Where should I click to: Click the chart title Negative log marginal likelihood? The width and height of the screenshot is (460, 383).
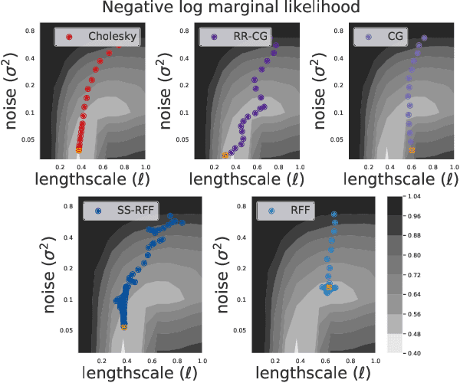tap(230, 10)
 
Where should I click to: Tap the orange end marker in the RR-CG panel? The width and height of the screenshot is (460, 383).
tap(225, 155)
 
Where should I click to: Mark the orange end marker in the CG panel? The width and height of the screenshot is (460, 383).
tap(412, 150)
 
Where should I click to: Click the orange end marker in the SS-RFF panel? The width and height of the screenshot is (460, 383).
tap(124, 327)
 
